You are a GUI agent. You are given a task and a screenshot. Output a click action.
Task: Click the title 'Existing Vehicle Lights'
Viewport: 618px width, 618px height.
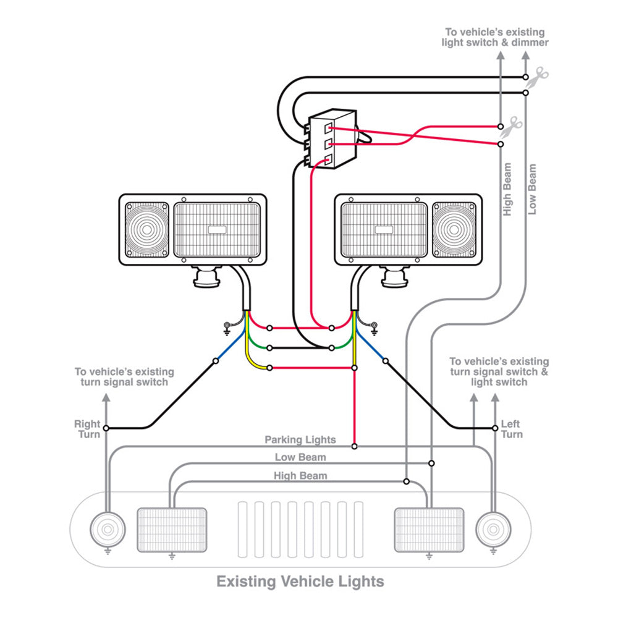pyautogui.click(x=300, y=582)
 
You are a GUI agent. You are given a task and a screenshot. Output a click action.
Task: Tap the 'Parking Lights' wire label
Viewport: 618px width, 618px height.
pyautogui.click(x=300, y=440)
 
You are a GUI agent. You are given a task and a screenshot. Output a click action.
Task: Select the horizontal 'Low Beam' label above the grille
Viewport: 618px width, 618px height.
pyautogui.click(x=300, y=457)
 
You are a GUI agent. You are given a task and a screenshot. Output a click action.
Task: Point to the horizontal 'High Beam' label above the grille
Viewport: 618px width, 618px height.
pyautogui.click(x=300, y=476)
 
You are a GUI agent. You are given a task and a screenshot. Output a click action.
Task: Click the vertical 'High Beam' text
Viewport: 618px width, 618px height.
pyautogui.click(x=507, y=189)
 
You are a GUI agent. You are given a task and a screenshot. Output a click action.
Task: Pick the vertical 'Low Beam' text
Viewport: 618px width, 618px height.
pyautogui.click(x=531, y=189)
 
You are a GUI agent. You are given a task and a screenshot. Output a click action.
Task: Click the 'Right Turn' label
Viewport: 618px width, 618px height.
pyautogui.click(x=87, y=429)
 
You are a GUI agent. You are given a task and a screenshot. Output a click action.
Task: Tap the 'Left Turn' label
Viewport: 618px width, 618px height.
pyautogui.click(x=511, y=429)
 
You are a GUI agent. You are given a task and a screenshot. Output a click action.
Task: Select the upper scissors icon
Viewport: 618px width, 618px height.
pyautogui.click(x=540, y=76)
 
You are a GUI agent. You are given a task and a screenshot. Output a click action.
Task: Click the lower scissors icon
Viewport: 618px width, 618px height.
pyautogui.click(x=512, y=126)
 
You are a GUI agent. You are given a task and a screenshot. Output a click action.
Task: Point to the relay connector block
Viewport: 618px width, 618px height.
pyautogui.click(x=332, y=138)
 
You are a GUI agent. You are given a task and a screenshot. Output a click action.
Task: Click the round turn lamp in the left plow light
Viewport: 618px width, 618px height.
pyautogui.click(x=147, y=230)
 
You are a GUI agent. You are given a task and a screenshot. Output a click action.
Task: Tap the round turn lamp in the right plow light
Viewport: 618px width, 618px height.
pyautogui.click(x=454, y=230)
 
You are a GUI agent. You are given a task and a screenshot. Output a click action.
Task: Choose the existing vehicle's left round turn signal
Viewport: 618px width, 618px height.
pyautogui.click(x=107, y=530)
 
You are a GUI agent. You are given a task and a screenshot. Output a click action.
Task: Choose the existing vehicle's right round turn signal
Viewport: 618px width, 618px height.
pyautogui.click(x=494, y=530)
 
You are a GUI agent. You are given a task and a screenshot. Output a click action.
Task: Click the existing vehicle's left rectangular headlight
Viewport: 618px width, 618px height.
pyautogui.click(x=171, y=529)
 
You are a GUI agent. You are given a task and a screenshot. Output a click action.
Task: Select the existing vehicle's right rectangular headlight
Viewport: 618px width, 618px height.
pyautogui.click(x=429, y=529)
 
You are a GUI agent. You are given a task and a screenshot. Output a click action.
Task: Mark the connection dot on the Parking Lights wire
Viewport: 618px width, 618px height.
pyautogui.click(x=355, y=446)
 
